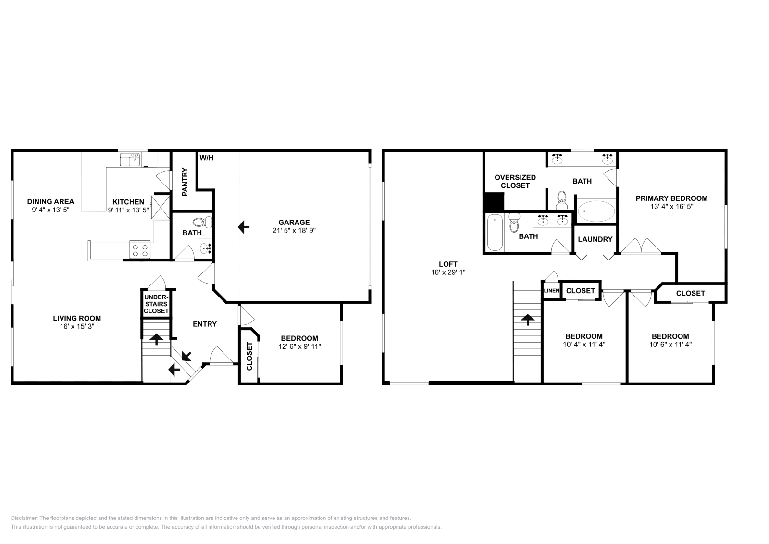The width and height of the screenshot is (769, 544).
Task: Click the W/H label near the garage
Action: pyautogui.click(x=207, y=158)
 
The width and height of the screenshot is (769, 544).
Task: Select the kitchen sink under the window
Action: pyautogui.click(x=130, y=159)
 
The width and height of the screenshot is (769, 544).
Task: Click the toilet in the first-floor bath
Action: pyautogui.click(x=202, y=222)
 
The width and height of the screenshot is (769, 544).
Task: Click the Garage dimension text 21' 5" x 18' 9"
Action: pyautogui.click(x=294, y=230)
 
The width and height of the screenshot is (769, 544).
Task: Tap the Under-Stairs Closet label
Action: pyautogui.click(x=156, y=304)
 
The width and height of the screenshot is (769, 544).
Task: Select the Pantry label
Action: pyautogui.click(x=184, y=182)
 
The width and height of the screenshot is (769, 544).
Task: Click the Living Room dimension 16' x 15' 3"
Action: pyautogui.click(x=77, y=326)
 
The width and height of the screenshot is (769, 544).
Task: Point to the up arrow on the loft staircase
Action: pyautogui.click(x=528, y=319)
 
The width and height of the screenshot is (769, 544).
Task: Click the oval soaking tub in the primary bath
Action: pyautogui.click(x=596, y=211)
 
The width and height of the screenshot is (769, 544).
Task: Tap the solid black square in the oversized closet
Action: pyautogui.click(x=493, y=201)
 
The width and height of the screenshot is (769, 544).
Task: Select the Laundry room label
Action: pyautogui.click(x=595, y=239)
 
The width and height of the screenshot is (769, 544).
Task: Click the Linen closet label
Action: pyautogui.click(x=551, y=291)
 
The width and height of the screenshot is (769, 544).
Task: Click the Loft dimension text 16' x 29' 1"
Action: pyautogui.click(x=448, y=272)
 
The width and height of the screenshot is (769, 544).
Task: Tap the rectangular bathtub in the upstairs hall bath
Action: pyautogui.click(x=495, y=233)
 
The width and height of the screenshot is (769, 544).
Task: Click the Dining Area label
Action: pyautogui.click(x=50, y=202)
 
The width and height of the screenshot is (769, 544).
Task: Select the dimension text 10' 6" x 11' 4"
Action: pyautogui.click(x=670, y=344)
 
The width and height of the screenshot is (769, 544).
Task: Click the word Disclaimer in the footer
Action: pyautogui.click(x=24, y=518)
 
